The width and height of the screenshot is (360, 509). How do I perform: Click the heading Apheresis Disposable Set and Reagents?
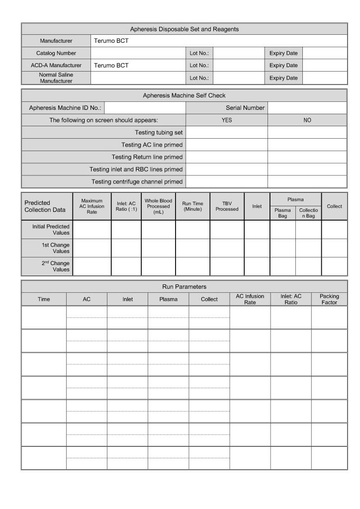[x=184, y=29]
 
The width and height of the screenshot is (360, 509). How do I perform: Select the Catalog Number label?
[x=56, y=53]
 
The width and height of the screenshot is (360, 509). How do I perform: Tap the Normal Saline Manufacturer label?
[x=56, y=78]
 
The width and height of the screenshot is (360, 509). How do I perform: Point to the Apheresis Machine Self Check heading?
[x=184, y=95]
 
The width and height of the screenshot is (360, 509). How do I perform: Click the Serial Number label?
[x=245, y=108]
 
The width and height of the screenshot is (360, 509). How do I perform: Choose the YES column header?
[x=227, y=120]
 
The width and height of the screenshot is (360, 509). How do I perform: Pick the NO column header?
[x=307, y=120]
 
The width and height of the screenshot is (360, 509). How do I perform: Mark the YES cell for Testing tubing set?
[x=227, y=132]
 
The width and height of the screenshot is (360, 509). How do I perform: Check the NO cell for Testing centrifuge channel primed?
[x=307, y=182]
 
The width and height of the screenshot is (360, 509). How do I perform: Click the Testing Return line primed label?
[x=147, y=157]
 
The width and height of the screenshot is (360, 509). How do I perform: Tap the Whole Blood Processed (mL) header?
[x=158, y=206]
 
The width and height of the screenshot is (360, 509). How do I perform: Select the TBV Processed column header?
[x=227, y=206]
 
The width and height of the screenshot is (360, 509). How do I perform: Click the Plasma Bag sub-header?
[x=282, y=213]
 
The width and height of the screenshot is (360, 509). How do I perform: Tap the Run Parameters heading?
[x=184, y=287]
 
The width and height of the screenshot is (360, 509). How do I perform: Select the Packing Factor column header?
[x=329, y=299]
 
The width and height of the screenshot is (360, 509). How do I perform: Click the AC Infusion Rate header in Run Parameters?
[x=250, y=299]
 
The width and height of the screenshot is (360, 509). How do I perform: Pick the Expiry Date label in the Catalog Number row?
[x=283, y=53]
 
